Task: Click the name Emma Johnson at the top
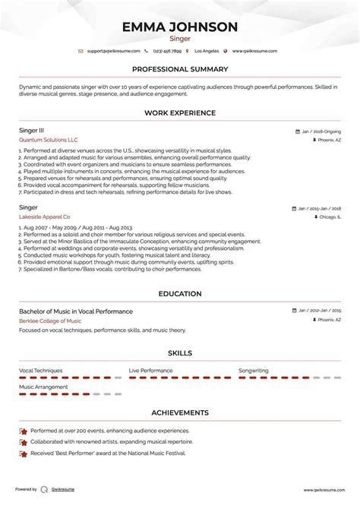tap(180, 27)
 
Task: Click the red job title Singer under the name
tap(180, 38)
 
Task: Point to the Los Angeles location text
tap(207, 51)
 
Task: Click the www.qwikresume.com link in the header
tap(254, 51)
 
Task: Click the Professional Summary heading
tap(180, 69)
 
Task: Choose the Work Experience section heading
tap(180, 112)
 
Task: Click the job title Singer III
tap(32, 131)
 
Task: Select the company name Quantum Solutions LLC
tap(49, 141)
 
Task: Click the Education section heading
tap(180, 293)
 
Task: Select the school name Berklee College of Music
tap(50, 321)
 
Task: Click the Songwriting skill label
tap(254, 370)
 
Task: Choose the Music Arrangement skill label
tap(44, 387)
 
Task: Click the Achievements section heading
tap(180, 413)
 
